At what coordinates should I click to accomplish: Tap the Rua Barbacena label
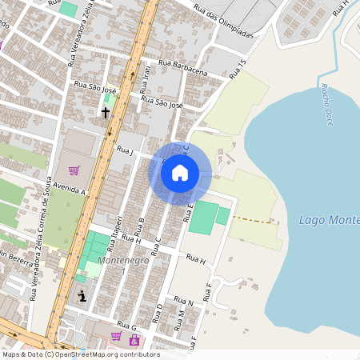[183, 67]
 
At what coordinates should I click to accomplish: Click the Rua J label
[124, 150]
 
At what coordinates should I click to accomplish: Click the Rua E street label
[190, 212]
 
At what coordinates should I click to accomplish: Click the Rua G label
[128, 327]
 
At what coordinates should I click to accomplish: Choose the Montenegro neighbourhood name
[122, 261]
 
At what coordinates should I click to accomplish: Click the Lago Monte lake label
[328, 220]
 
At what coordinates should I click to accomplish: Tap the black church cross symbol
[105, 112]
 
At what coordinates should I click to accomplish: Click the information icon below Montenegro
[82, 296]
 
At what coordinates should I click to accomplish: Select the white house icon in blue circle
[180, 173]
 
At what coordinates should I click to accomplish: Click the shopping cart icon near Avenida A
[74, 170]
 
